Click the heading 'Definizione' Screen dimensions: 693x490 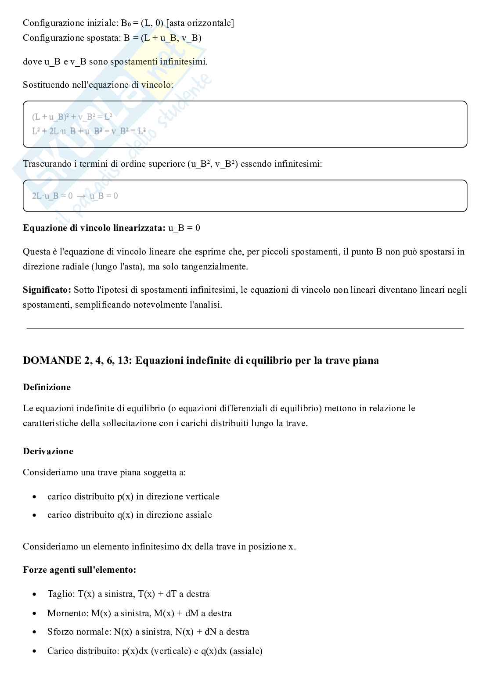47,387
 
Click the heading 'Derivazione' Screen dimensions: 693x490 48,451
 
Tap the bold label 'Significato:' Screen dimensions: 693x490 47,290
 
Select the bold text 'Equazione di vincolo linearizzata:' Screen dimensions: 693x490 94,228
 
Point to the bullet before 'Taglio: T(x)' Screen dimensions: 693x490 34,594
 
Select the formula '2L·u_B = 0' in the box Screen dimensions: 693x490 52,196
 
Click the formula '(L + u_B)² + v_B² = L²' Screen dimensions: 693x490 72,117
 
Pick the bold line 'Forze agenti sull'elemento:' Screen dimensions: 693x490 79,570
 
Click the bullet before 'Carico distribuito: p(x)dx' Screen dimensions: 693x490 34,651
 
